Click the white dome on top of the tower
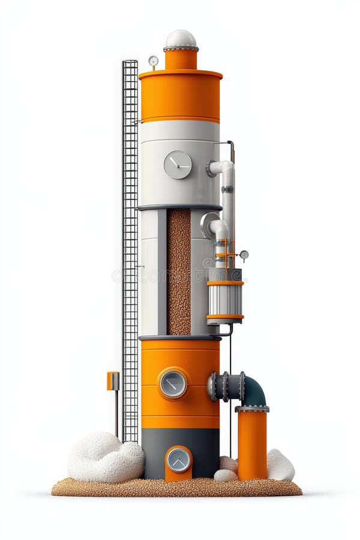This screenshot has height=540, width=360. [181, 39]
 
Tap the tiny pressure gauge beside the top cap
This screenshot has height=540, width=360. [153, 61]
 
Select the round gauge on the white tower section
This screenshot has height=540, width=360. [178, 164]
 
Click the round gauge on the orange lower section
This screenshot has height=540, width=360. [173, 383]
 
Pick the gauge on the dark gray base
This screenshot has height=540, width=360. [178, 460]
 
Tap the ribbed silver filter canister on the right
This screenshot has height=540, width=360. [225, 299]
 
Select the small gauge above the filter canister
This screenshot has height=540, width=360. [244, 255]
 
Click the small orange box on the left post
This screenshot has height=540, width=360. [113, 380]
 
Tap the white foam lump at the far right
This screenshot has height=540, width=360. [280, 465]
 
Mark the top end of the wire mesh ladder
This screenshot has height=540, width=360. [130, 62]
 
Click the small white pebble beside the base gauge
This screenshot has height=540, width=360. [224, 476]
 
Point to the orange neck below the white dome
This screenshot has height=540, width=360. [181, 59]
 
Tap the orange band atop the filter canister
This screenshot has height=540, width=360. [225, 282]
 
